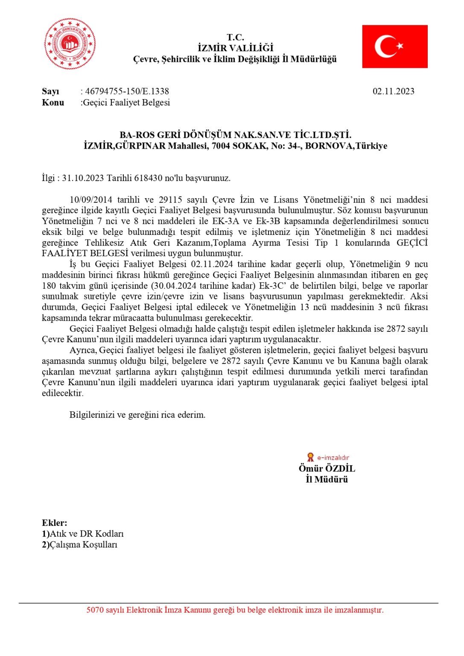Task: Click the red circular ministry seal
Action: click(x=70, y=44)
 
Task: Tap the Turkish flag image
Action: click(x=395, y=47)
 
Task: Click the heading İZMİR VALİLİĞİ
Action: click(x=235, y=48)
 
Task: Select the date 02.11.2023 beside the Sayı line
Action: click(x=393, y=91)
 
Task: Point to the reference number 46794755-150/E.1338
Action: click(x=127, y=91)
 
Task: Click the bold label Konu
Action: click(x=53, y=102)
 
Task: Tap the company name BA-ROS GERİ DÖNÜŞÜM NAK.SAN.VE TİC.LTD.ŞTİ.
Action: click(x=235, y=135)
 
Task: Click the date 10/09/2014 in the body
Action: click(x=91, y=200)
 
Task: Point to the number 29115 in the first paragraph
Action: click(x=170, y=200)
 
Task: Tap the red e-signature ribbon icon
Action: click(x=310, y=457)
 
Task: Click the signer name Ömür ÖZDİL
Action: click(x=327, y=469)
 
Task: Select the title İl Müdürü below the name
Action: click(x=327, y=480)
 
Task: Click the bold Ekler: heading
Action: click(x=54, y=523)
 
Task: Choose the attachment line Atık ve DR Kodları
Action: click(x=86, y=534)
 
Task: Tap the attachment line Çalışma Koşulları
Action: click(x=83, y=545)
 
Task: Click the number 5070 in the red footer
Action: click(x=95, y=610)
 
